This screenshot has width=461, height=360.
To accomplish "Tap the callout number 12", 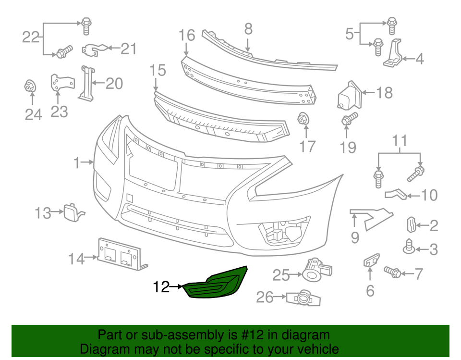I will (162, 287).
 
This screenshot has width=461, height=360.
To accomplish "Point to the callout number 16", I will (187, 35).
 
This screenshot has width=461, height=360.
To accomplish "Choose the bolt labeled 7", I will (393, 272).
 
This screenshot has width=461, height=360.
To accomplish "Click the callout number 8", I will (248, 29).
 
